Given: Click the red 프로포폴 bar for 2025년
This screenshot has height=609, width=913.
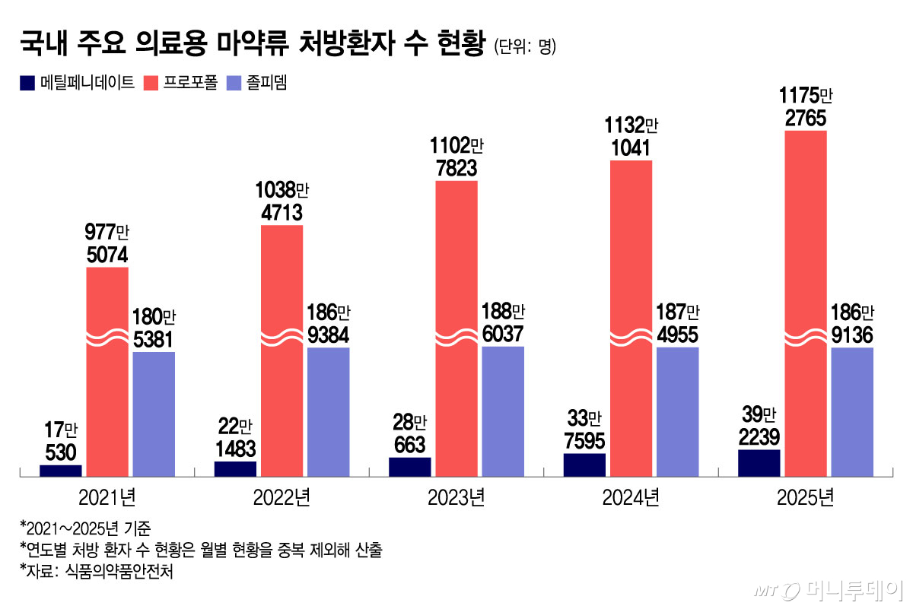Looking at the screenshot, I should click(x=805, y=304).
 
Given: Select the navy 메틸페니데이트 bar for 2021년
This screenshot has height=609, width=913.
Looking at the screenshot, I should click(x=61, y=471).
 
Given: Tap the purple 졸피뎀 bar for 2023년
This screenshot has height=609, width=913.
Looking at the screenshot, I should click(x=503, y=411).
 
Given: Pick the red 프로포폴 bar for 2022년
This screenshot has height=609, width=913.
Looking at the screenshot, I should click(x=282, y=350).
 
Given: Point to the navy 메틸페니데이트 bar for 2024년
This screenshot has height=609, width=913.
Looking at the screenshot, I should click(x=584, y=465).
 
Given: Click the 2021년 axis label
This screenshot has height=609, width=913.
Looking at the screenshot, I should click(x=107, y=499).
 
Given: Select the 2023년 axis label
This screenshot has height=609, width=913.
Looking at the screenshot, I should click(x=456, y=499).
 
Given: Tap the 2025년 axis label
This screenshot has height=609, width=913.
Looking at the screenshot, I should click(x=806, y=499).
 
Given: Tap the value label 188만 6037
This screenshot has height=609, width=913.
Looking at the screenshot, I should click(x=503, y=322).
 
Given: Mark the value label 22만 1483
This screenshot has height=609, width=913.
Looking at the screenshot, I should click(x=235, y=437).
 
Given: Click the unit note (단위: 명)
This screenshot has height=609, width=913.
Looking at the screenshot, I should click(x=525, y=47).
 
